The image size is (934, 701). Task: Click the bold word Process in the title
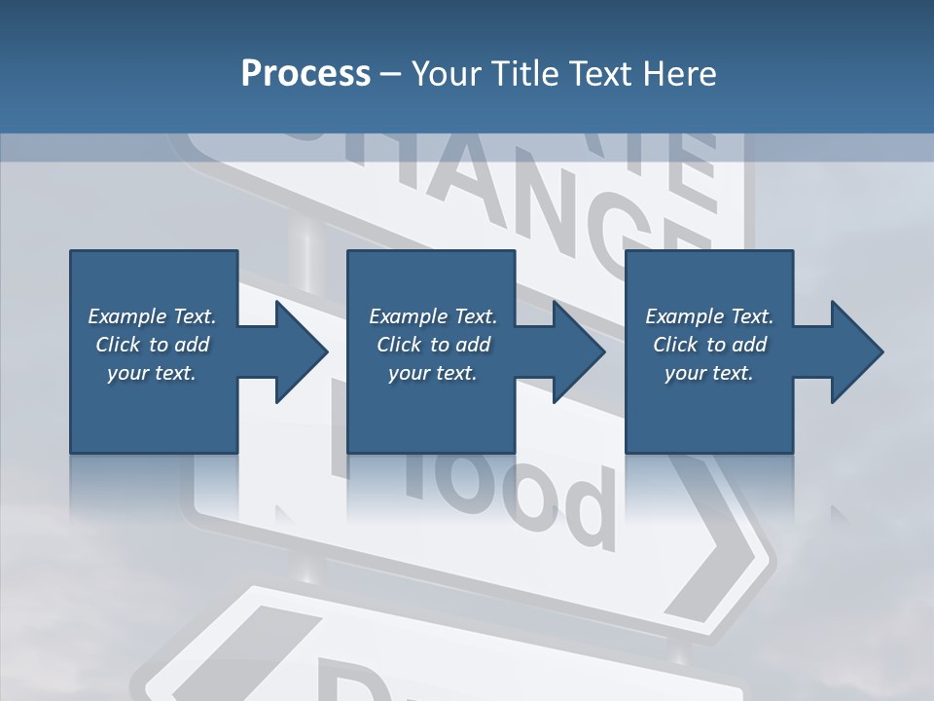point(305,74)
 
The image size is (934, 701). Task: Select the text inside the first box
point(153,345)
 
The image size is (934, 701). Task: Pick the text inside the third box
point(709,345)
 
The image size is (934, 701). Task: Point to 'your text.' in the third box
point(709,373)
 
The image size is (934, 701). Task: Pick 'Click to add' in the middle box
point(433,345)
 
